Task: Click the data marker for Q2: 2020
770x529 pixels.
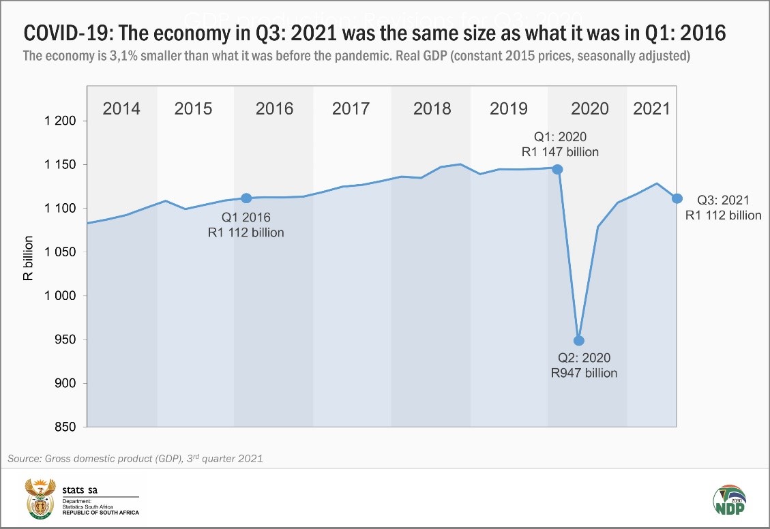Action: tap(579, 340)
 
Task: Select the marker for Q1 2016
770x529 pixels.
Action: tap(246, 198)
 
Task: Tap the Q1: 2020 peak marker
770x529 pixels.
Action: tap(557, 169)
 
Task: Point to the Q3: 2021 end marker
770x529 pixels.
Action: tap(677, 198)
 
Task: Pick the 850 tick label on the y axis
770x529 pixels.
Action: tap(67, 427)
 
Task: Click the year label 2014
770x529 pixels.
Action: tap(121, 108)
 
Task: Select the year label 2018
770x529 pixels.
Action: tap(432, 108)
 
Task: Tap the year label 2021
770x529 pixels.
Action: tap(652, 108)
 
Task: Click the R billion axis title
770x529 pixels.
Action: tap(29, 274)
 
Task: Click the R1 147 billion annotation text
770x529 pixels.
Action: tap(560, 151)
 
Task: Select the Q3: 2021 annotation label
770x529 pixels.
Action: tap(722, 200)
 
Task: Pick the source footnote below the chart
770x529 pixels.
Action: tap(135, 459)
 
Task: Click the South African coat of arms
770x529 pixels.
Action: tap(40, 498)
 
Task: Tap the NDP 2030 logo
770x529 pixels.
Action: tap(728, 501)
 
